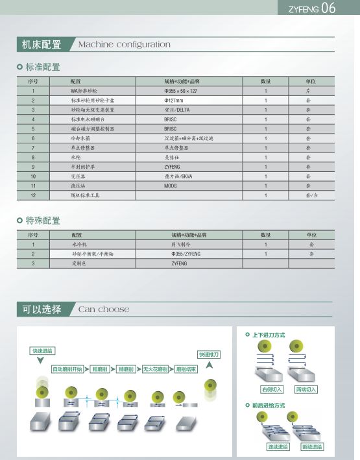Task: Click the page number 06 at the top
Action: coord(328,8)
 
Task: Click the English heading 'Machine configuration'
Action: coord(124,45)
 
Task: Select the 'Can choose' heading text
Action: coord(104,309)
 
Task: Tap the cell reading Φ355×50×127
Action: coord(180,91)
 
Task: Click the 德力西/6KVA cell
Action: coord(178,176)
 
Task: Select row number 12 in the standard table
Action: coord(33,195)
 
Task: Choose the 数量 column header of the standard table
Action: coord(265,82)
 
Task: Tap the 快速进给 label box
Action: coord(42,351)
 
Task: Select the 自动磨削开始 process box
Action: coord(67,369)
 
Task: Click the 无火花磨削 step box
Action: coord(156,369)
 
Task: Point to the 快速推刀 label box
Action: coord(209,354)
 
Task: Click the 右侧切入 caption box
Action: coord(272,389)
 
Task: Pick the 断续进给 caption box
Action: coord(312,447)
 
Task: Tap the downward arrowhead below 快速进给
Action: coord(40,361)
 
